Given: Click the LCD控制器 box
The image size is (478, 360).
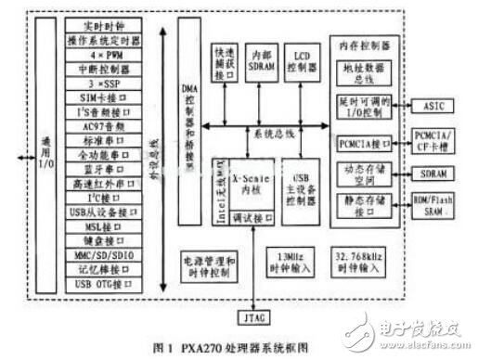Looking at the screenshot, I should click(x=302, y=60).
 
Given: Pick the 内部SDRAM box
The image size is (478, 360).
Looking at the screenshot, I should click(x=264, y=60).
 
